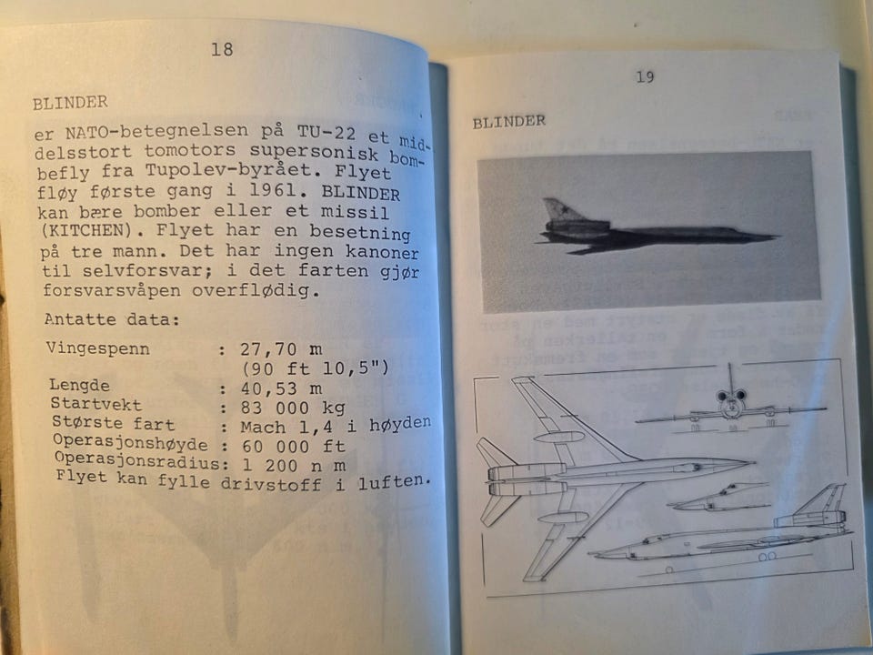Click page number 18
222,49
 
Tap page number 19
645,76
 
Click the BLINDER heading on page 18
70,103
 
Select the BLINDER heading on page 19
509,122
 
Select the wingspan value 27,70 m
281,349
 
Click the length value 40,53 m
281,388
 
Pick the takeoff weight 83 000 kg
293,408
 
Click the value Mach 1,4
286,428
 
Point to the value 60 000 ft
294,447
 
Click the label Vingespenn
98,349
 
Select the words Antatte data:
112,319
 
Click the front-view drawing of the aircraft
730,406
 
